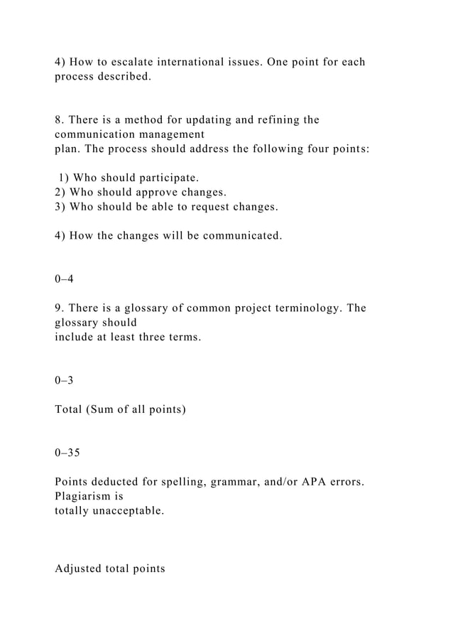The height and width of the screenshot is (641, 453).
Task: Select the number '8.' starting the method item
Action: click(60, 119)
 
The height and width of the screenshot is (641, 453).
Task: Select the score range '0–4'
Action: click(64, 279)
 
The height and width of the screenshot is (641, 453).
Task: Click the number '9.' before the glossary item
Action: click(60, 308)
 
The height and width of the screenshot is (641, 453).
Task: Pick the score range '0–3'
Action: click(64, 380)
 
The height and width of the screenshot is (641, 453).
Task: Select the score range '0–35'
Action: click(67, 453)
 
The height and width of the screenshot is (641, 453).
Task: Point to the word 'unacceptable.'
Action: click(125, 510)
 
